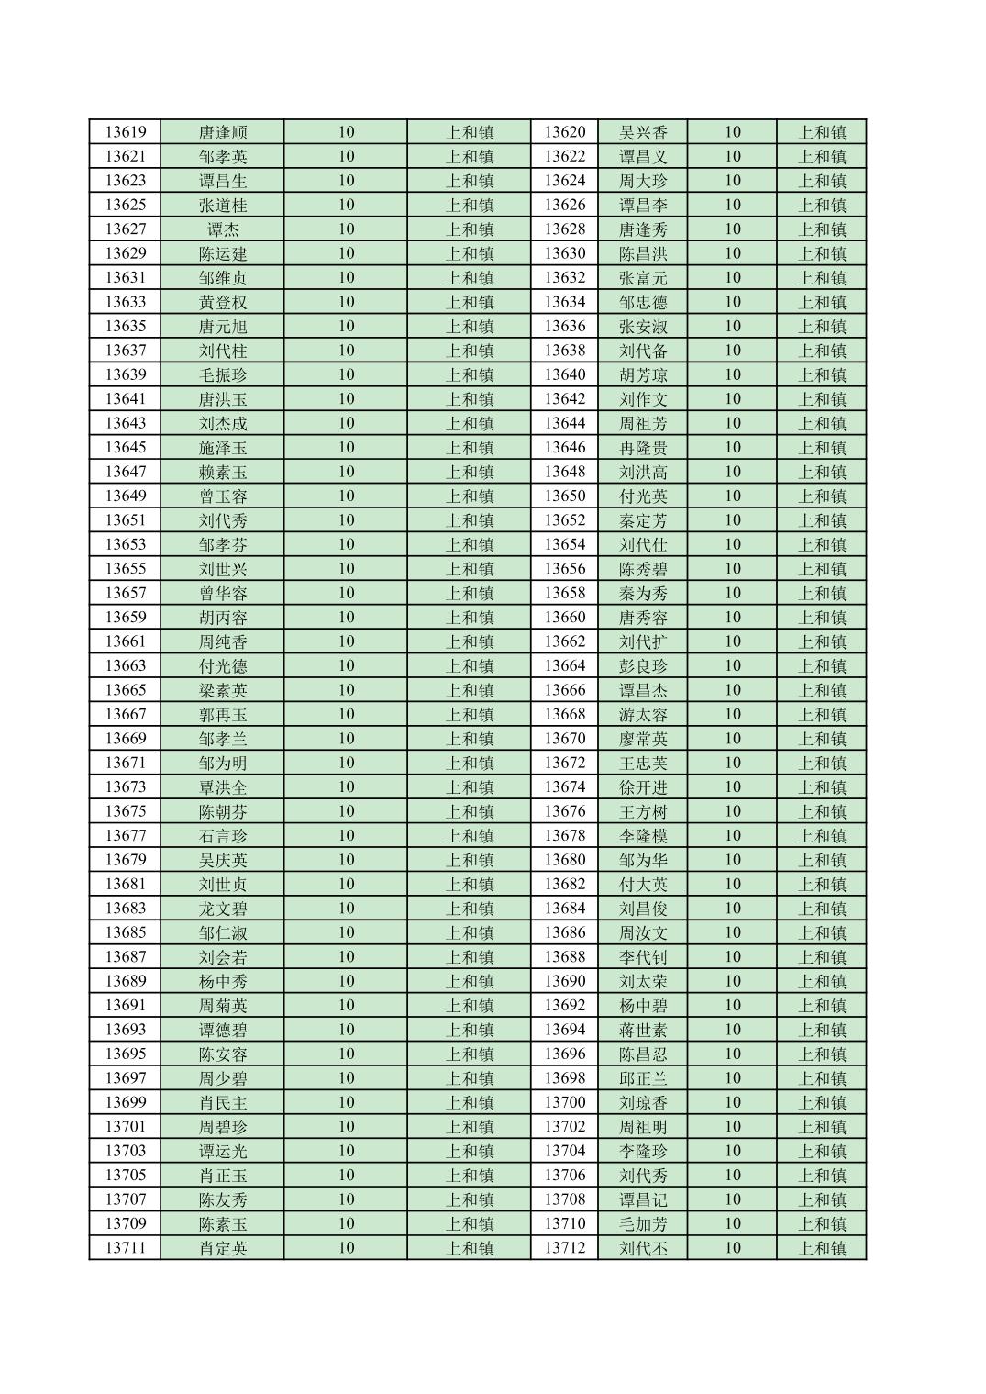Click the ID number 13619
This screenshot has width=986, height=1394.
[x=125, y=132]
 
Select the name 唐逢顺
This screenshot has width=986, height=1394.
[x=223, y=132]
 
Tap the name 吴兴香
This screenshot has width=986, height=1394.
[x=643, y=132]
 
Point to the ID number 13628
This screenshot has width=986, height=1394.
[x=564, y=229]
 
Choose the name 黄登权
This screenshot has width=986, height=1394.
[x=223, y=302]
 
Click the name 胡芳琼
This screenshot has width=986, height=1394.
[x=643, y=374]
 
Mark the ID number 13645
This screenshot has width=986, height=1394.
[x=125, y=448]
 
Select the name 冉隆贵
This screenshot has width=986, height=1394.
[x=643, y=448]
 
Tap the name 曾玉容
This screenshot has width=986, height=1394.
[x=223, y=496]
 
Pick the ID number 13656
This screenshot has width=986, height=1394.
[x=564, y=569]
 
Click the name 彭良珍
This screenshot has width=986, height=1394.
[x=643, y=666]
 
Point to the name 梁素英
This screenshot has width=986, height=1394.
[x=223, y=690]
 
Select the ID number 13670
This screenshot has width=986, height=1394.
[x=564, y=739]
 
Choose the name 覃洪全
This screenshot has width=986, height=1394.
[x=223, y=787]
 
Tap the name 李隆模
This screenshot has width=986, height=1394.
[x=643, y=836]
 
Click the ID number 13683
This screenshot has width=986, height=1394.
[x=125, y=909]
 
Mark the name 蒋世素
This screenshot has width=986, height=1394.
[x=643, y=1030]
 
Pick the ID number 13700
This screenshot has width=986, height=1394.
[x=564, y=1102]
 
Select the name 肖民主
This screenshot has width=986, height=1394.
[x=223, y=1102]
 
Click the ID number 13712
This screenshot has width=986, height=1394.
[x=564, y=1248]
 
